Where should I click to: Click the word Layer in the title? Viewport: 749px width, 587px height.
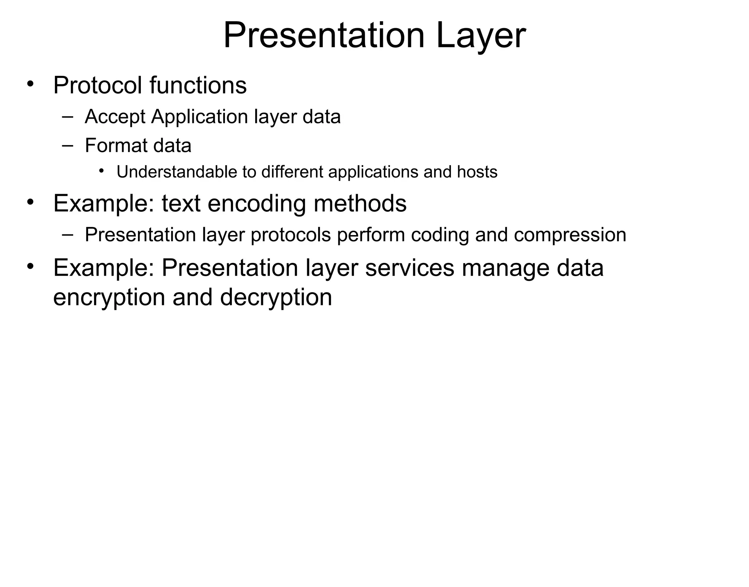point(481,36)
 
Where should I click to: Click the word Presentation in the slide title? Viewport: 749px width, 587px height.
point(324,36)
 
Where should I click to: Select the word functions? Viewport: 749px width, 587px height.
point(198,85)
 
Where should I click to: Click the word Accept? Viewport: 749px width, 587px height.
point(115,117)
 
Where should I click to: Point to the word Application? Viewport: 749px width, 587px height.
point(200,117)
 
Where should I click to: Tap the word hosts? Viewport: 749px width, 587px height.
point(477,172)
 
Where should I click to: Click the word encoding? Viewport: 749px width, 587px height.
point(256,203)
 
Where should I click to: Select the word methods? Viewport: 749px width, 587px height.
point(360,203)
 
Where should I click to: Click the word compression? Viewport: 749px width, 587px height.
point(570,235)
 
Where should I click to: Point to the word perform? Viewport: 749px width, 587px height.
point(370,235)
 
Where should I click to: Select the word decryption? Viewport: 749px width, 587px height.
point(276,297)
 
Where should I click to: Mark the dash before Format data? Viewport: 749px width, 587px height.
point(67,145)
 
